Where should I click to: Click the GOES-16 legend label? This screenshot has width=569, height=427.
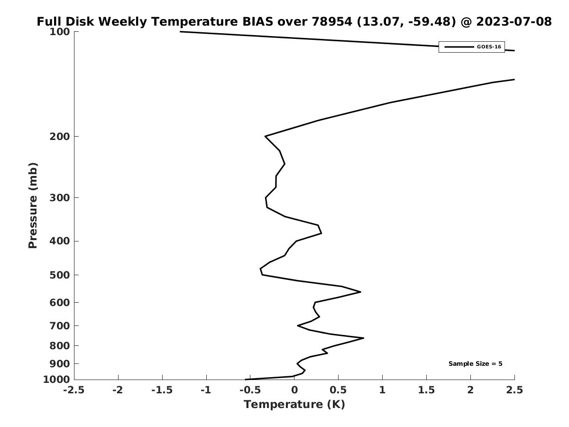coord(489,47)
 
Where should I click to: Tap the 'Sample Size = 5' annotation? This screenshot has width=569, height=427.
coord(476,363)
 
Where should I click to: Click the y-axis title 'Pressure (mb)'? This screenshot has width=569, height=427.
coord(33,205)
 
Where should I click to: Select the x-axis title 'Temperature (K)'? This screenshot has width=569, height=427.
coord(294,404)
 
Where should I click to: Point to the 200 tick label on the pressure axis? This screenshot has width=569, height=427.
coord(60,136)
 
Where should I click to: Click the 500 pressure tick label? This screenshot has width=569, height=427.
coord(60,275)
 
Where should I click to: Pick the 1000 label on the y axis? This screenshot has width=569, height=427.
coord(56,380)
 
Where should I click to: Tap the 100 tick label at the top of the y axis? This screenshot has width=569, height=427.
coord(60,32)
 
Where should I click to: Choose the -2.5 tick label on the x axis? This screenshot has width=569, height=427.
coord(74,390)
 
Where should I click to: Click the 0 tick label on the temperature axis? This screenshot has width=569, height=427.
coord(294,390)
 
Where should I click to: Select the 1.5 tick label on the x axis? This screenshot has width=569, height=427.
coord(426,390)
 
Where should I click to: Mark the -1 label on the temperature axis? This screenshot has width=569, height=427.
coord(206,390)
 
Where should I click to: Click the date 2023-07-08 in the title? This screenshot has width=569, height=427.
coord(514,21)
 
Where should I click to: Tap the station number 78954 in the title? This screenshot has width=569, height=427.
coord(332,21)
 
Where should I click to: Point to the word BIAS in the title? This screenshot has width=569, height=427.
coord(257,21)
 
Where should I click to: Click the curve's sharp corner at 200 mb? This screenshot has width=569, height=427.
coord(265,136)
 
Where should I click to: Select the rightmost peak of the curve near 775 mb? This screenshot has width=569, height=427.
coord(364,338)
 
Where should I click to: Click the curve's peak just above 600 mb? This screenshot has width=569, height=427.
coord(360,292)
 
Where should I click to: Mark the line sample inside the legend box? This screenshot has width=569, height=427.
coord(459,47)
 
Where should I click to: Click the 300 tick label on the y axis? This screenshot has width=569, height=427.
coord(60,197)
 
